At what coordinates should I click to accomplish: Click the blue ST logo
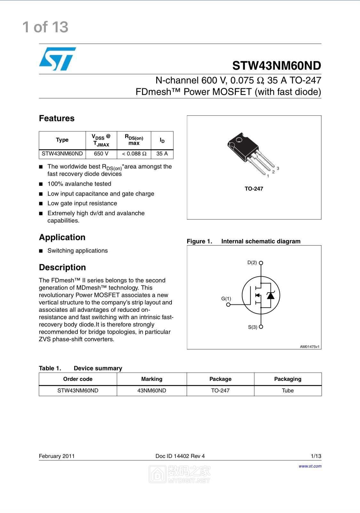[58, 59]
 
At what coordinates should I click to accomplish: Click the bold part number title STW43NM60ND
[276, 66]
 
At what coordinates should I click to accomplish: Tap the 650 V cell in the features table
[101, 154]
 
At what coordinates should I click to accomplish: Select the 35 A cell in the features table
[162, 154]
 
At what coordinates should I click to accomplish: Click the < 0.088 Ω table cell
[134, 154]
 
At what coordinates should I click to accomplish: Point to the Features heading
[57, 118]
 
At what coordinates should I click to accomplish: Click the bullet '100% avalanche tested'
[79, 184]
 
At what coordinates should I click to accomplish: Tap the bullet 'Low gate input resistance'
[82, 203]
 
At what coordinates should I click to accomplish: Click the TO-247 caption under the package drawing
[254, 189]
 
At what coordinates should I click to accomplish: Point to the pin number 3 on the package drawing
[278, 168]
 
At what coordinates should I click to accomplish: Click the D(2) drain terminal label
[252, 263]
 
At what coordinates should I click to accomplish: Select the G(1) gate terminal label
[226, 299]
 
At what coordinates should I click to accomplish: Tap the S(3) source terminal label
[252, 327]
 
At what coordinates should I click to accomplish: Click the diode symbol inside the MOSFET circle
[271, 296]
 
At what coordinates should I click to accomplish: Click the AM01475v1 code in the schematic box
[309, 347]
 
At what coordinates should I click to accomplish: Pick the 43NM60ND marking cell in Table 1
[152, 391]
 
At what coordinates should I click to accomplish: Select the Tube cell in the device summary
[287, 391]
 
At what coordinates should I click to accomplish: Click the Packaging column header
[287, 379]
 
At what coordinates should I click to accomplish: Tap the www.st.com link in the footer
[310, 466]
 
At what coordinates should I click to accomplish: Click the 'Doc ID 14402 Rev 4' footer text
[180, 456]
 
